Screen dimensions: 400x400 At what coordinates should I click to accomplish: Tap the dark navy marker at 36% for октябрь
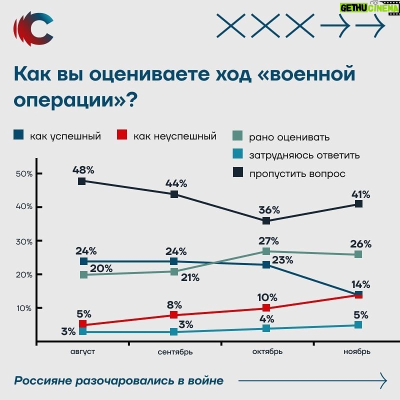tap(266, 221)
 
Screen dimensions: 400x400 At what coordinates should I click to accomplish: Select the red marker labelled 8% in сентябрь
tap(174, 314)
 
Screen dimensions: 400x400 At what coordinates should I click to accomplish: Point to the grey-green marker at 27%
tap(266, 251)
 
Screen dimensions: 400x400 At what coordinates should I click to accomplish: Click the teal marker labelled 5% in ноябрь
tap(358, 325)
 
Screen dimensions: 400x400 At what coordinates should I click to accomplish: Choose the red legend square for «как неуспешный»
tap(122, 135)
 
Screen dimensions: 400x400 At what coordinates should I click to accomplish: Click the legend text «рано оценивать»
tap(289, 137)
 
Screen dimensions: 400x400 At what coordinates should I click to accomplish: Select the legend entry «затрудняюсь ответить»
tap(304, 155)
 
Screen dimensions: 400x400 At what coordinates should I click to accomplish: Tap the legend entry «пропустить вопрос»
tap(297, 173)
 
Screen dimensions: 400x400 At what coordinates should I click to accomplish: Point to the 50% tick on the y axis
tap(23, 173)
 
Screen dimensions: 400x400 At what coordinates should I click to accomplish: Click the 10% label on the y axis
tap(23, 308)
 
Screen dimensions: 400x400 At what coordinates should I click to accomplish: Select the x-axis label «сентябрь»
tap(175, 351)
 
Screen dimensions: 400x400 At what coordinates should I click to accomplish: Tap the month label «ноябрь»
tap(357, 351)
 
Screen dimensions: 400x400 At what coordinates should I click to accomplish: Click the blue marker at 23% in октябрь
tap(266, 264)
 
